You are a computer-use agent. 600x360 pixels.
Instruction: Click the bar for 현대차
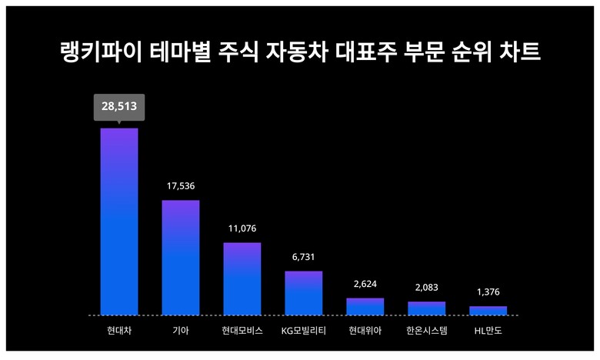[x=119, y=222]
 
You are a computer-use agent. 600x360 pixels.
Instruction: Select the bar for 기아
[x=181, y=258]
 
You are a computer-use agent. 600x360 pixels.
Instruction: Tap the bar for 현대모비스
[x=242, y=278]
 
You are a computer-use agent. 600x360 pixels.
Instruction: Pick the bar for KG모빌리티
[x=304, y=293]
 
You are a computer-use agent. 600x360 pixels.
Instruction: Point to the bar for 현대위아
[x=365, y=307]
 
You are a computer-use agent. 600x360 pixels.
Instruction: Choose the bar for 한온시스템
[x=427, y=308]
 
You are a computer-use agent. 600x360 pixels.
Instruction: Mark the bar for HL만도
[x=488, y=311]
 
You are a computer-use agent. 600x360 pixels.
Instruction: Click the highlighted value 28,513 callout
[x=119, y=106]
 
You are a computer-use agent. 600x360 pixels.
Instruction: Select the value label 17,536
[x=181, y=186]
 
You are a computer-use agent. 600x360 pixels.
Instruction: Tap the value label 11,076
[x=242, y=228]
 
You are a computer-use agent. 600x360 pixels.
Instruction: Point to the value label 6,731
[x=304, y=257]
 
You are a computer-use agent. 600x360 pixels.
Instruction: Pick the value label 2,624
[x=365, y=284]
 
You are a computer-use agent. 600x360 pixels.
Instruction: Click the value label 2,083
[x=427, y=288]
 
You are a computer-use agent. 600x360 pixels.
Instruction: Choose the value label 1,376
[x=488, y=292]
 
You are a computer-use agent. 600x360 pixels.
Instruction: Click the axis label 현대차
[x=119, y=332]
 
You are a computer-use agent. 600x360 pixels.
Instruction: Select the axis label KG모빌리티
[x=304, y=332]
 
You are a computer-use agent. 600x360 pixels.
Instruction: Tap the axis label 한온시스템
[x=427, y=332]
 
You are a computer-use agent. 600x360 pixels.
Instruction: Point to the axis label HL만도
[x=488, y=332]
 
